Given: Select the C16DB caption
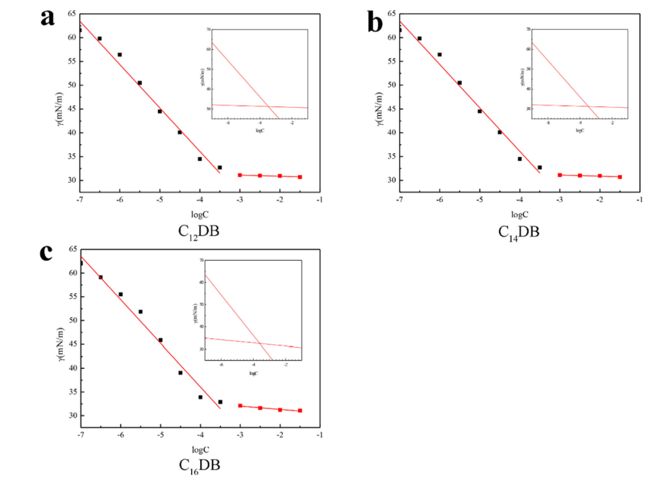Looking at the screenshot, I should [x=200, y=466].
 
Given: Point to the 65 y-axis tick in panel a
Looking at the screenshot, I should [x=72, y=13].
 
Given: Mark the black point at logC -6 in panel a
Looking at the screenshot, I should [x=120, y=55].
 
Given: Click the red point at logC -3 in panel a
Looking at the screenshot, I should [x=240, y=175].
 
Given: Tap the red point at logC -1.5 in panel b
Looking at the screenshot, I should [x=620, y=177].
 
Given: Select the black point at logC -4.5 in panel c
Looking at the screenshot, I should [x=181, y=373].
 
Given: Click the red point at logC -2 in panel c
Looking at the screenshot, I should [x=280, y=410].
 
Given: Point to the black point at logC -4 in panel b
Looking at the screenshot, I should [x=520, y=159].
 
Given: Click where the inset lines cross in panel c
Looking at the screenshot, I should [x=260, y=344].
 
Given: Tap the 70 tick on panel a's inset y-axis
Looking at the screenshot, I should [x=208, y=29].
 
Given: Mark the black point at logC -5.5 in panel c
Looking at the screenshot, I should [x=141, y=312].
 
